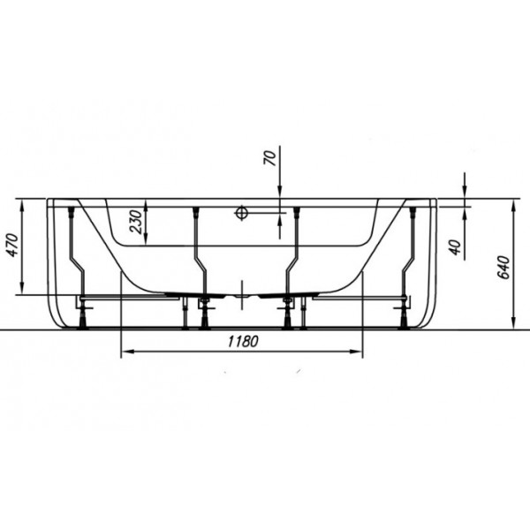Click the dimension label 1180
(243, 341)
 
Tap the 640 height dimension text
(504, 267)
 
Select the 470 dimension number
(13, 245)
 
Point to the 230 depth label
(136, 222)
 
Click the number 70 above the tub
(269, 157)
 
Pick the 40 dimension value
(456, 247)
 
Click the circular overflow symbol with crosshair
(242, 213)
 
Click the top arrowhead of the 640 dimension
(513, 205)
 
